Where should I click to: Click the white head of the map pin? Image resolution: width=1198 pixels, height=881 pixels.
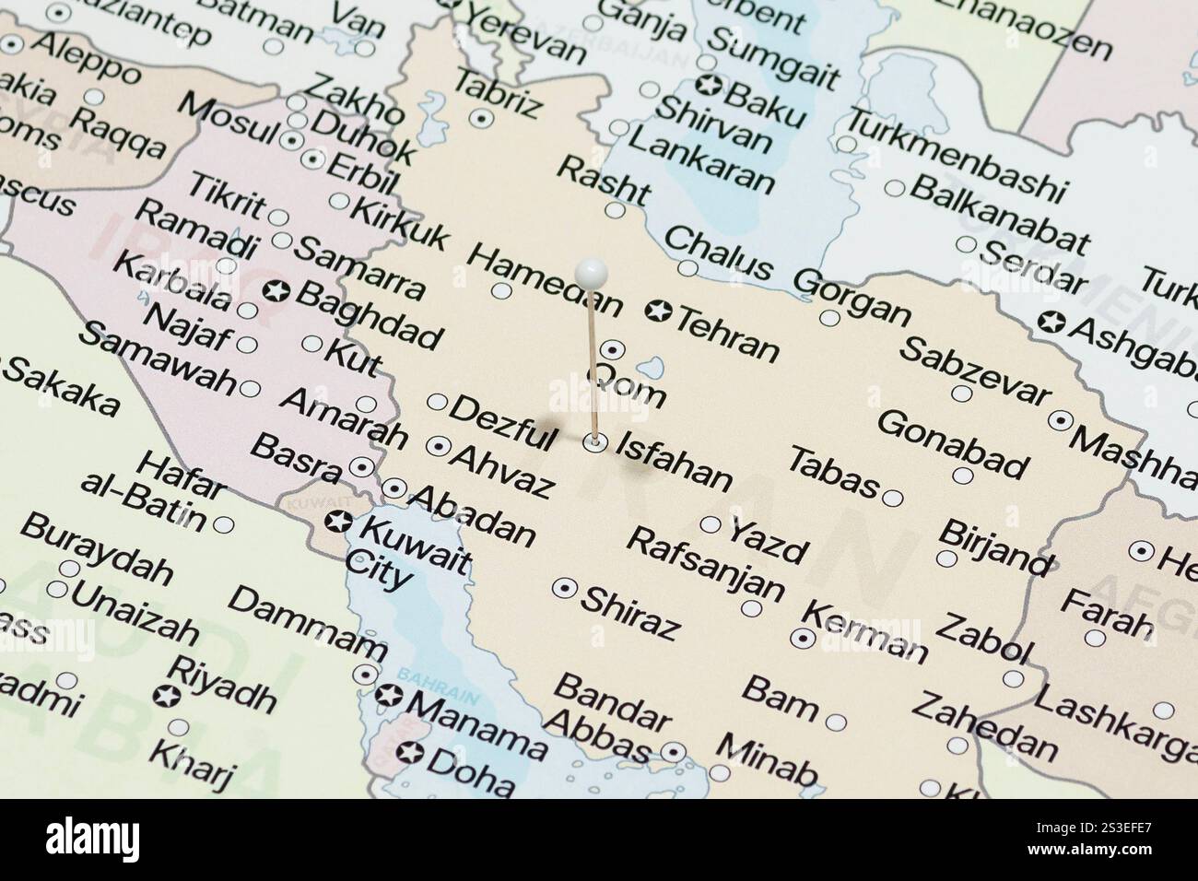tap(591, 272)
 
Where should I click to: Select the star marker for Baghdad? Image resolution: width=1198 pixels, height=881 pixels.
tap(276, 292)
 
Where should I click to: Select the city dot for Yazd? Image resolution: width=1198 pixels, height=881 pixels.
tap(711, 524)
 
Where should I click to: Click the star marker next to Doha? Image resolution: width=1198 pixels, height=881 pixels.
tap(411, 753)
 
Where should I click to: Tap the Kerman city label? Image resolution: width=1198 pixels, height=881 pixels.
tap(864, 632)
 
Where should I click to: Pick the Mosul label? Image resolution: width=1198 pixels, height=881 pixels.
tap(227, 120)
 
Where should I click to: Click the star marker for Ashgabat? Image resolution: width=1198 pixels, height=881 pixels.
tap(1049, 322)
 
